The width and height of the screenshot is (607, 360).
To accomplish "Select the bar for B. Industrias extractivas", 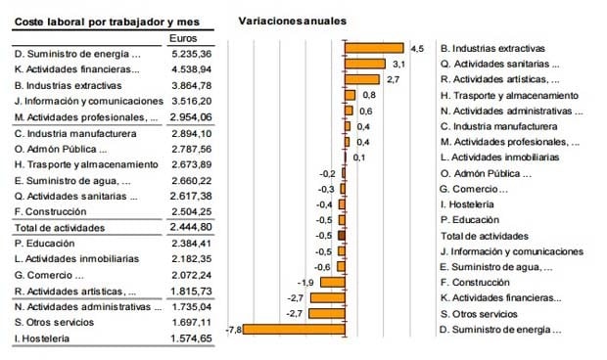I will (374, 48).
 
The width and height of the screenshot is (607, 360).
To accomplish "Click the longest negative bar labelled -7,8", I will (293, 329).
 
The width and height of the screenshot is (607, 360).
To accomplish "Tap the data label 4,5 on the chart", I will (416, 48).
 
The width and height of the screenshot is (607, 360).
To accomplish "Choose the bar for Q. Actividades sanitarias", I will (365, 64).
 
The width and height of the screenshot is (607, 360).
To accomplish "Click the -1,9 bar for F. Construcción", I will (333, 282).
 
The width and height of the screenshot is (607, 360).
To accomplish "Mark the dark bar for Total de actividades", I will (341, 235).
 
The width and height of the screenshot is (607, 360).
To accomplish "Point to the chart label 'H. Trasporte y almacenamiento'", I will (508, 95).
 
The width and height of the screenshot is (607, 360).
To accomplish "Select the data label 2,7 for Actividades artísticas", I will (392, 79).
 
